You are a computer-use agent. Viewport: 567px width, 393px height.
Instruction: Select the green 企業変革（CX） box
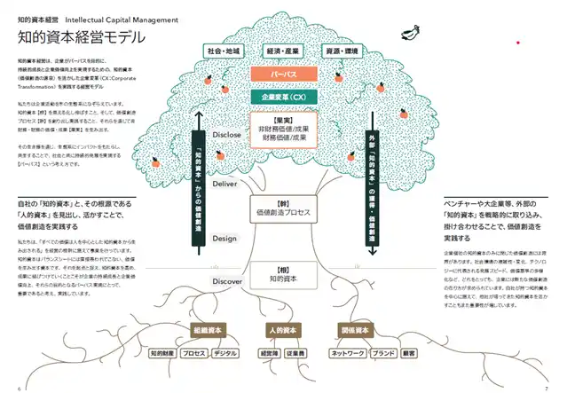click(x=283, y=97)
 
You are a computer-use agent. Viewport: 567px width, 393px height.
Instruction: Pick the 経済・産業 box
click(x=284, y=52)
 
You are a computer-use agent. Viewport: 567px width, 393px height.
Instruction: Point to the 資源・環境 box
click(x=342, y=52)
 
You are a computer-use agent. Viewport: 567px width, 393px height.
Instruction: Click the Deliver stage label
click(x=224, y=184)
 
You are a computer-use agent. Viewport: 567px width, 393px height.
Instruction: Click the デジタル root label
click(x=227, y=353)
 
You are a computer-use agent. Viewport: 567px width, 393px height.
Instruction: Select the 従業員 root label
click(x=295, y=353)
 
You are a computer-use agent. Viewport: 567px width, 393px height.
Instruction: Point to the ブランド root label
click(x=383, y=353)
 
